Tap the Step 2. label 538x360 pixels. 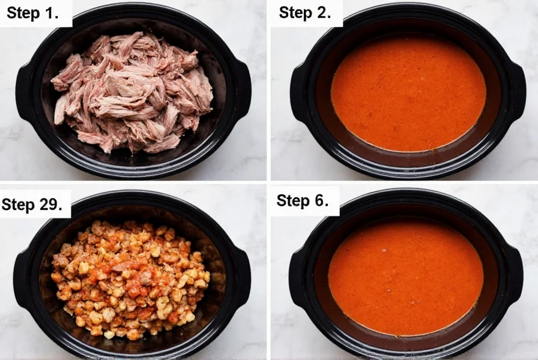pos(304,13)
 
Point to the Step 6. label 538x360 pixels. pos(303,200)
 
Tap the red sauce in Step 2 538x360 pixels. pos(408,93)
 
